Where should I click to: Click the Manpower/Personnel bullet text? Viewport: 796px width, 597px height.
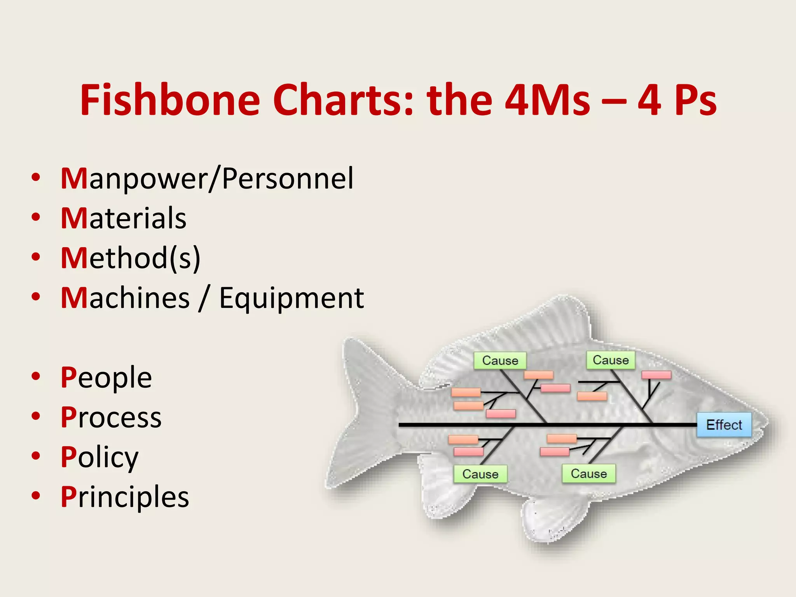click(207, 179)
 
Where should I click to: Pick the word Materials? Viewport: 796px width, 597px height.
click(124, 218)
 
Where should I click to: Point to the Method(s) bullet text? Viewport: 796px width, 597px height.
click(131, 258)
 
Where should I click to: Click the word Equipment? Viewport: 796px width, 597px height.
click(292, 298)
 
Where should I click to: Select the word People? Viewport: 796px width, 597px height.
click(106, 378)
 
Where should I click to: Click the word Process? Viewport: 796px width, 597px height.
click(111, 417)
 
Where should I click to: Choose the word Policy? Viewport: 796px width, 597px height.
click(99, 457)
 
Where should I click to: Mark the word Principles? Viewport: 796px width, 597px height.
click(125, 497)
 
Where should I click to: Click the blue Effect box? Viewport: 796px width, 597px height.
click(724, 425)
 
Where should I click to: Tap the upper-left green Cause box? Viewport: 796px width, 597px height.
click(500, 361)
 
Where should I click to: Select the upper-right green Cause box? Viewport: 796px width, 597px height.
click(611, 360)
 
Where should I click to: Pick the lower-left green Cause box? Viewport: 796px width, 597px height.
click(480, 474)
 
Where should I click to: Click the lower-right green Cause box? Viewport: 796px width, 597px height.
click(588, 474)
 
